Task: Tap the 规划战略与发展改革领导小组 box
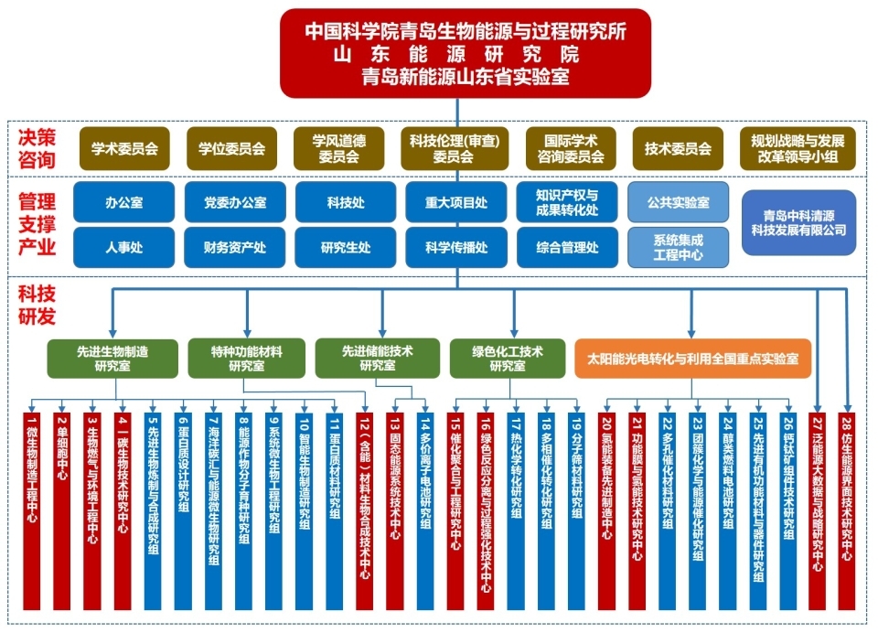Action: coord(798,148)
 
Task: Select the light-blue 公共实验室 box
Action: coord(678,201)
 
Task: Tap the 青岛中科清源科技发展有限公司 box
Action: coord(798,222)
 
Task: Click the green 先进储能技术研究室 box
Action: coord(378,358)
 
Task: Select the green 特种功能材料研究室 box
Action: coord(246,358)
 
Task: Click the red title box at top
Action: coord(466,53)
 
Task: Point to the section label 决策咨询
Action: coord(37,148)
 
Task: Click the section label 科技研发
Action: coord(37,306)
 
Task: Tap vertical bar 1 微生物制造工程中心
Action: coord(32,508)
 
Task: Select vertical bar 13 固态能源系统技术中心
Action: coord(395,508)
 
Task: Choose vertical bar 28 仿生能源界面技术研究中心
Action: coord(846,508)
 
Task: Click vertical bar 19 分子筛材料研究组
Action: coord(575,508)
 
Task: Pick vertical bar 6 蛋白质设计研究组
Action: coord(183,508)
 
